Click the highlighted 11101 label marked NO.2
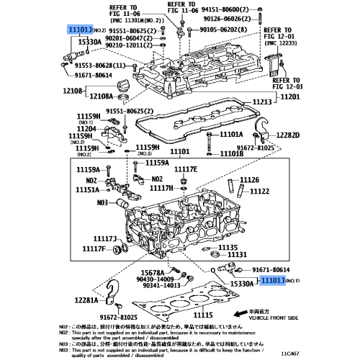pos(80,30)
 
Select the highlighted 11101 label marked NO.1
pos(273,282)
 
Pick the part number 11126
pos(249,180)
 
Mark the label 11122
pos(259,192)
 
